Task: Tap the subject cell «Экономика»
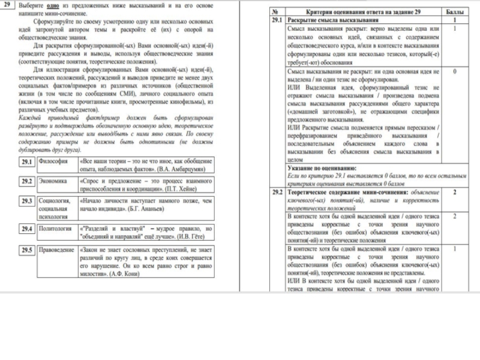53,181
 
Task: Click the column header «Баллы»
455,12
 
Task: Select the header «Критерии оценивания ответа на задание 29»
364,12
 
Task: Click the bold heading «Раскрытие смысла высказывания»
329,20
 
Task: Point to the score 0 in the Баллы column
454,71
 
